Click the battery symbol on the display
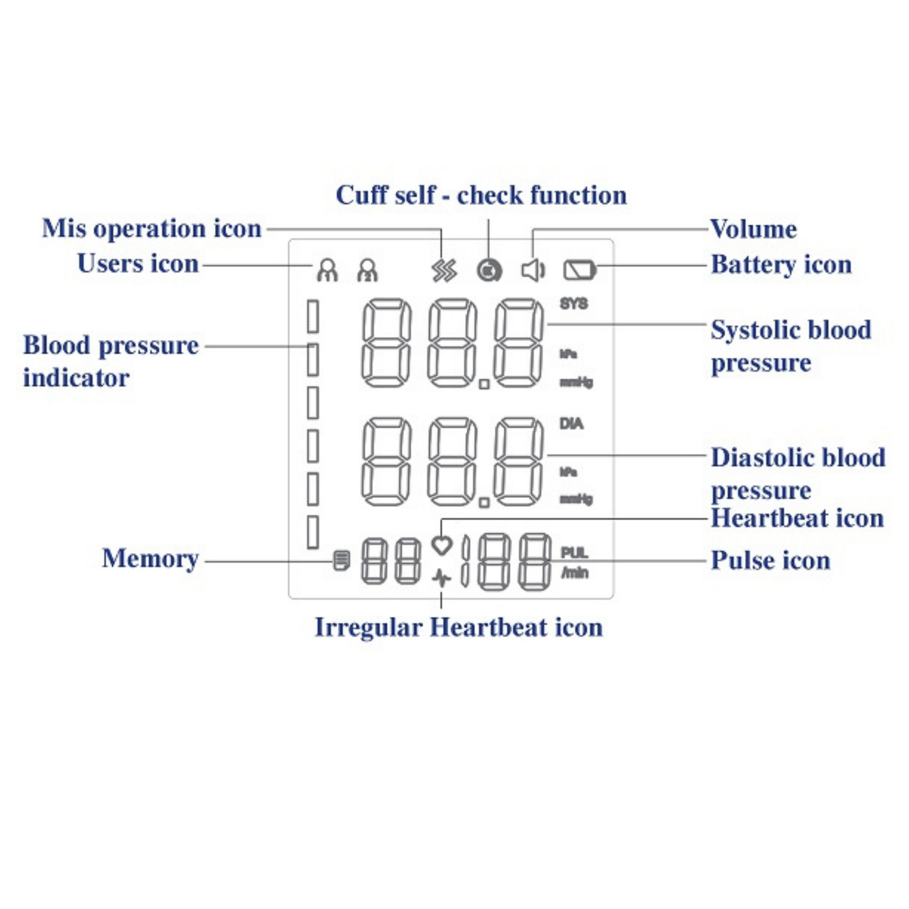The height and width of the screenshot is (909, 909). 580,270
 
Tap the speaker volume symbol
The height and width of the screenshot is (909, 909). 533,270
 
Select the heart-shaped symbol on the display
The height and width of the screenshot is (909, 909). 442,546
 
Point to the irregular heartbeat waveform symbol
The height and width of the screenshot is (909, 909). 441,578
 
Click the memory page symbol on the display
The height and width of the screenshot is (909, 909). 341,561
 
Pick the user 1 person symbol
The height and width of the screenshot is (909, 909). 327,270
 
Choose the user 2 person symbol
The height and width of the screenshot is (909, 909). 368,270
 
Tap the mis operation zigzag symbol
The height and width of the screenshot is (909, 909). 444,271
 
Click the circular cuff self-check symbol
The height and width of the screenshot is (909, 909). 490,271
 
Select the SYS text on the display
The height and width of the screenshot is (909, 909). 574,304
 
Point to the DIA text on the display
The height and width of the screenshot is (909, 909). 571,424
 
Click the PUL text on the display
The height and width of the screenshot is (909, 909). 575,553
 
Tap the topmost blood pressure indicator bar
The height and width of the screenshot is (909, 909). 313,317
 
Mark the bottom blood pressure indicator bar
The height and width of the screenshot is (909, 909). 313,532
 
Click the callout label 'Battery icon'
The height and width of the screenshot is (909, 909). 781,264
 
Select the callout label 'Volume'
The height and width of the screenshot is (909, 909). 753,229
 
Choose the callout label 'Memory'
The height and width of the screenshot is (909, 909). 150,559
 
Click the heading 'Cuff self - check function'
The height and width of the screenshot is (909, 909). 481,195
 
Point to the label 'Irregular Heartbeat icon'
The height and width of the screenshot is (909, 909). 459,627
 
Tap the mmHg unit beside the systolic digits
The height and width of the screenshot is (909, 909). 576,383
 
